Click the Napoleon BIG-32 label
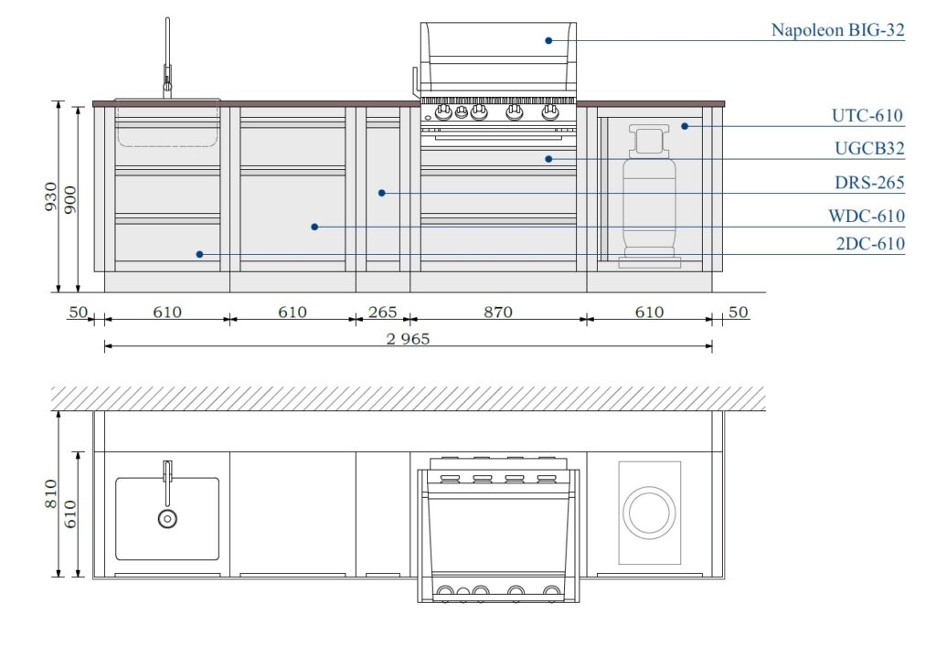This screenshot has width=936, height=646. (x=837, y=30)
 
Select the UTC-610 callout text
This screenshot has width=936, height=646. (x=867, y=115)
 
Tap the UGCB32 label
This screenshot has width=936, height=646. (x=869, y=148)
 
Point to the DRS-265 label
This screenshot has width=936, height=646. (x=869, y=182)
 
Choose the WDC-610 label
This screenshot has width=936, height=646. (x=867, y=216)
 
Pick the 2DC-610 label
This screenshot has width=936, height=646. (x=870, y=243)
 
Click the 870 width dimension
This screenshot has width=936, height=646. (x=498, y=312)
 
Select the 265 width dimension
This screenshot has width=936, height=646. (x=382, y=312)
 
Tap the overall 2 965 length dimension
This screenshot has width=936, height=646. (x=408, y=339)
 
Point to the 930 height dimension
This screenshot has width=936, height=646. (x=51, y=196)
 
